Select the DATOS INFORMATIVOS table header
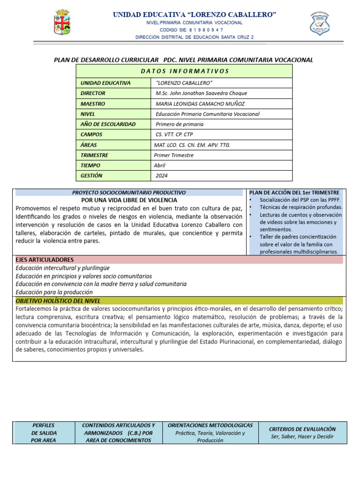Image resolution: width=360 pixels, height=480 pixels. pos(184,71)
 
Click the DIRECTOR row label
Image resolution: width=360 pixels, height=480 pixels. pos(93,93)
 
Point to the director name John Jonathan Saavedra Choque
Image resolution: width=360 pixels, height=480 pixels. pos(201,93)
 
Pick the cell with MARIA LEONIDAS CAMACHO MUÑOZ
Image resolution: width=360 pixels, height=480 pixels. pos(200,104)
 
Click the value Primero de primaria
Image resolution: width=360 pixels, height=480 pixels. pos(180,124)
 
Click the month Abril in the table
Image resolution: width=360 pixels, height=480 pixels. pos(160,165)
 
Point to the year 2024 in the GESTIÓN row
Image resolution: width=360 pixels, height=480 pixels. pos(162,176)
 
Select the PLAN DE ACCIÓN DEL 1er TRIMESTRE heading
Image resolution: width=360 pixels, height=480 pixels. pos(294,193)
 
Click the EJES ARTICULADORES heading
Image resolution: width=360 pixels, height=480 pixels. pos(45,260)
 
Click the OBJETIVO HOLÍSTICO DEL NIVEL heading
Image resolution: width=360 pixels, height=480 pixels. pos(58,300)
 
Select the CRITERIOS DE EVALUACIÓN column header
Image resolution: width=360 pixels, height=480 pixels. pos(303,429)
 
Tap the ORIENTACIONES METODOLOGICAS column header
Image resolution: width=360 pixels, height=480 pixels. pos(210,425)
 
